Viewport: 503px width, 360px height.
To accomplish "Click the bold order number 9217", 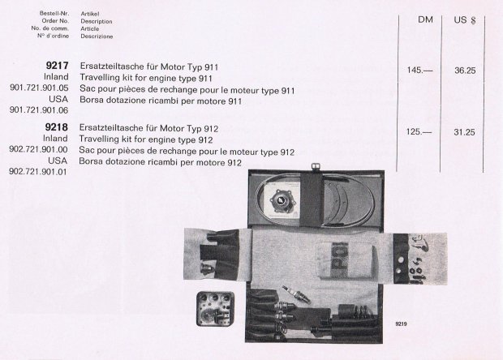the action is (57, 66).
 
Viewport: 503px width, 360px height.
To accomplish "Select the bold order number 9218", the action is (57, 127).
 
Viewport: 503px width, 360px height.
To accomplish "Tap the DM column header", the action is (425, 19).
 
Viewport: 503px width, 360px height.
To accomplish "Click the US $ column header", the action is (465, 20).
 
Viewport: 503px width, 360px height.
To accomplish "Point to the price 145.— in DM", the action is (419, 70).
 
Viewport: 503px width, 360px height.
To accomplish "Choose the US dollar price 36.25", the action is (465, 71).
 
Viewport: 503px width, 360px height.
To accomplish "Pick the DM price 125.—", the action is (419, 131).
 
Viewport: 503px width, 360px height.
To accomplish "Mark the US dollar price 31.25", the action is (464, 132).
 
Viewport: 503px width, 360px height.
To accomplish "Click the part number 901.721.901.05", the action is (39, 88).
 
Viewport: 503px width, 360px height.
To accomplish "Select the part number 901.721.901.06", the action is (39, 110).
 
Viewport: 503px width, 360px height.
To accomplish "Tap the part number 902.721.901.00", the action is (38, 149).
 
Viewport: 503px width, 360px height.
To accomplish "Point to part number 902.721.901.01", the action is (38, 172).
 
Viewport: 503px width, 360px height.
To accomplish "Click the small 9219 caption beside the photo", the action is (401, 324).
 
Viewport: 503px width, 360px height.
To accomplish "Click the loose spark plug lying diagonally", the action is (296, 294).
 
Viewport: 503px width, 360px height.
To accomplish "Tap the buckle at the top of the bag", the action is (316, 167).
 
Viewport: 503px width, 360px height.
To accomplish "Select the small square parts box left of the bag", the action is (215, 309).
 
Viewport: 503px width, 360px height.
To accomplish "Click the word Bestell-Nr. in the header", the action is (54, 13).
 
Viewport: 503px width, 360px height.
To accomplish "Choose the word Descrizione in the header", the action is (97, 36).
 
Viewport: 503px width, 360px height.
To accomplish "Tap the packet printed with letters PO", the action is (345, 260).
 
